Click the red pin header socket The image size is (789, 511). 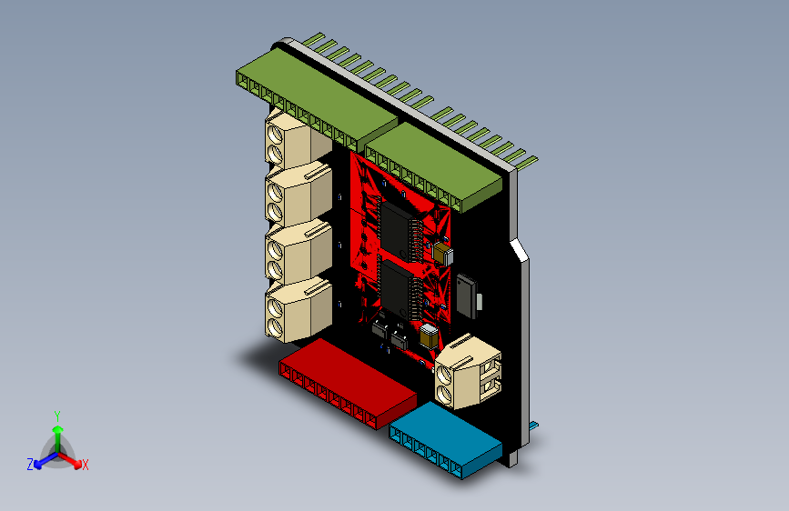tap(348, 382)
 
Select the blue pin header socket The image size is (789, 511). tap(445, 440)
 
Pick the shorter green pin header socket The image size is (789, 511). tap(433, 167)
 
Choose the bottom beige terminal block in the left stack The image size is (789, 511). tap(298, 310)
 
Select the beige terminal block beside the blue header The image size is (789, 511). tap(468, 371)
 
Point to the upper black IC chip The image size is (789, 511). tap(396, 230)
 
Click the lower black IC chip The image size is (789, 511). tap(397, 289)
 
